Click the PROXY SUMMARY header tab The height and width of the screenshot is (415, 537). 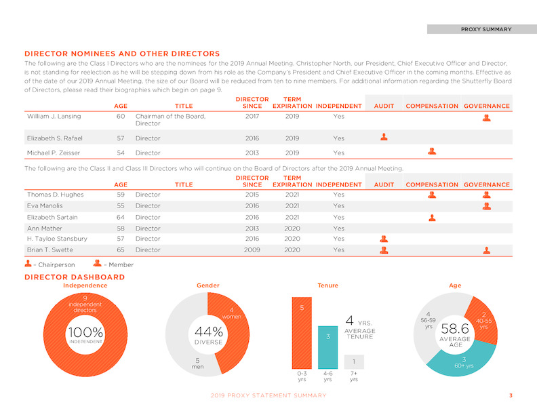click(x=482, y=29)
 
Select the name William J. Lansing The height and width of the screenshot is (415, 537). click(x=54, y=116)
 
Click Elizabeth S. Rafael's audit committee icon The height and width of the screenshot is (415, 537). click(x=384, y=137)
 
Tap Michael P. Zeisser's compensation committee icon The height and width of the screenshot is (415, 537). click(x=432, y=151)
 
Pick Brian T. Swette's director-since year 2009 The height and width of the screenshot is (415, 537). click(x=252, y=250)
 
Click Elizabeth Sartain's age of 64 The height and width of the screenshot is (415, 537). click(x=121, y=218)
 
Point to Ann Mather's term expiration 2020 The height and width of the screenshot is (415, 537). click(x=292, y=229)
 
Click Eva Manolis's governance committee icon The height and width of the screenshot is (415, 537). click(x=487, y=205)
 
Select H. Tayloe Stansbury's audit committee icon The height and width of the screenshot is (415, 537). click(x=384, y=239)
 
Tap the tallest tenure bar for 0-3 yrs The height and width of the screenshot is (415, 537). click(x=302, y=333)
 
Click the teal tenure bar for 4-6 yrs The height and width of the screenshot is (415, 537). click(x=327, y=347)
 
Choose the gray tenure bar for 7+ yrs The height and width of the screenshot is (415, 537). click(x=354, y=361)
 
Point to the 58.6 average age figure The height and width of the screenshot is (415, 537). click(x=455, y=329)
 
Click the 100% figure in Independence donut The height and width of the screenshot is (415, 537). click(x=85, y=332)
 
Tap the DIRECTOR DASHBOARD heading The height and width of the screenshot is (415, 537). click(x=75, y=277)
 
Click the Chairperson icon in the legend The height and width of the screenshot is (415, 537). click(x=28, y=263)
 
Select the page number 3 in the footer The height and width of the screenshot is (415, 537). click(x=511, y=395)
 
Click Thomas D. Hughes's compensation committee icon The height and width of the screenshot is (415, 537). click(x=432, y=195)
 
